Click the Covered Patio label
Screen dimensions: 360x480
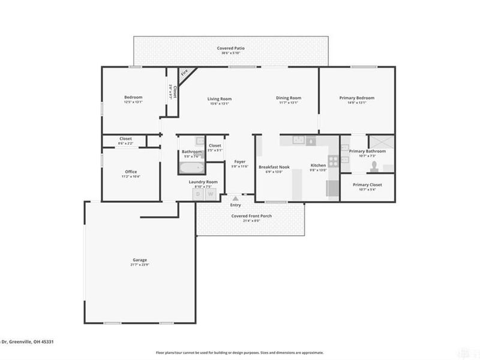click(230, 48)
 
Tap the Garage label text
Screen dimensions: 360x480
click(140, 260)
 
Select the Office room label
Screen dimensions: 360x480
click(131, 172)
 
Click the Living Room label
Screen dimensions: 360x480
click(220, 98)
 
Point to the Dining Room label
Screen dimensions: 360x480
click(289, 98)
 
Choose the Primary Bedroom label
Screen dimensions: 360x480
click(357, 98)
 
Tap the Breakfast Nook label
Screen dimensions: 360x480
click(274, 166)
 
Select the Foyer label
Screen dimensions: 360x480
click(240, 161)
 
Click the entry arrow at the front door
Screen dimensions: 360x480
click(235, 197)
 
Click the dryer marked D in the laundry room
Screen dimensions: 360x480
click(199, 194)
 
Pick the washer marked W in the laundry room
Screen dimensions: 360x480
click(211, 194)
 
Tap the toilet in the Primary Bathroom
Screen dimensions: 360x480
click(374, 165)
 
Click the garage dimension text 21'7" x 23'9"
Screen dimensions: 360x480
click(140, 265)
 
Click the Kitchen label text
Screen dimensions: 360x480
click(318, 166)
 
